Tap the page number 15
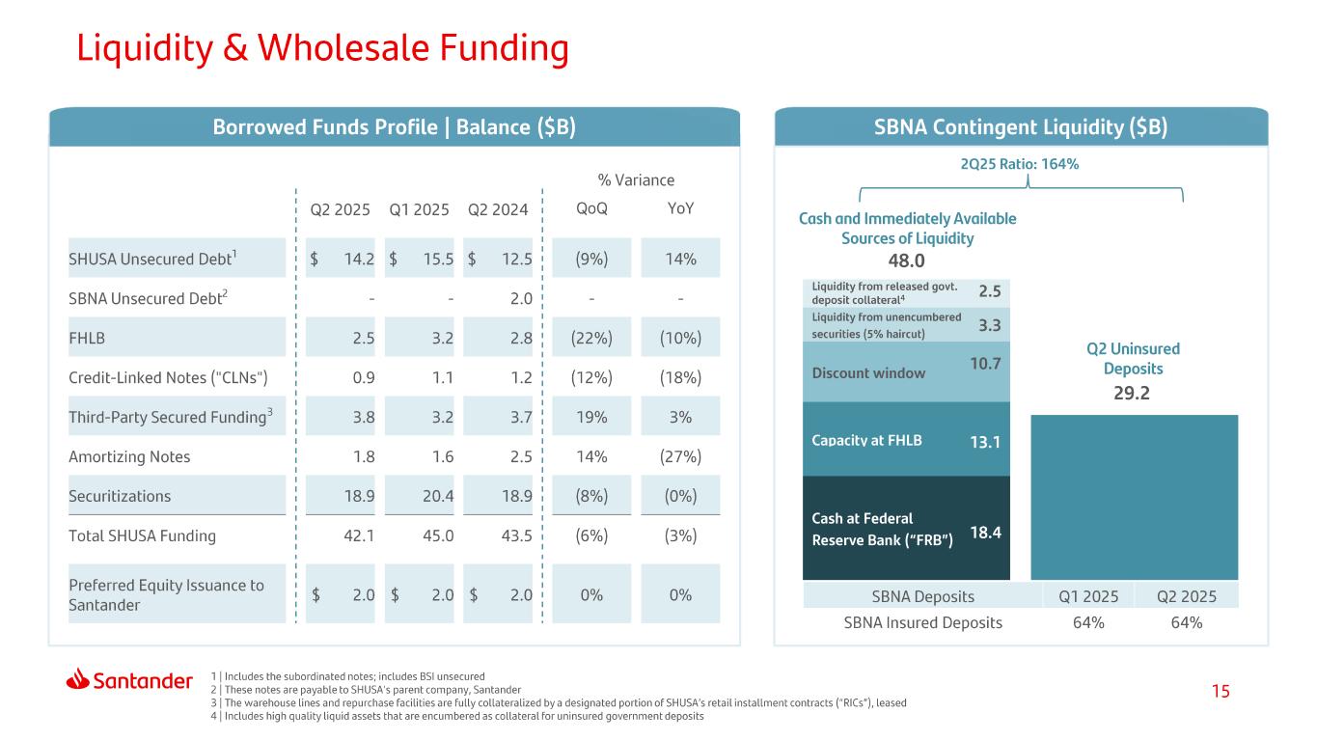click(x=1221, y=691)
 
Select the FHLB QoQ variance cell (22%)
click(x=591, y=338)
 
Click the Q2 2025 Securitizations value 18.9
click(x=359, y=496)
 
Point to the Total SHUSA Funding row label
click(x=142, y=535)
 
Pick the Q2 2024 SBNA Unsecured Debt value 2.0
click(x=521, y=299)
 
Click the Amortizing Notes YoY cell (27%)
click(x=680, y=456)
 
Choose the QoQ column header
click(x=591, y=208)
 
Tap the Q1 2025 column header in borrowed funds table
click(x=419, y=209)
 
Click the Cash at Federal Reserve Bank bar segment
click(x=906, y=528)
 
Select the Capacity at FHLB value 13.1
click(x=985, y=442)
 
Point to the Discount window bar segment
click(x=906, y=371)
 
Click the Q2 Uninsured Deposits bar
click(x=1134, y=497)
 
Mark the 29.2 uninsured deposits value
click(x=1131, y=393)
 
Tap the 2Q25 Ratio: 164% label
click(x=1020, y=164)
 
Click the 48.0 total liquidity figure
click(x=906, y=261)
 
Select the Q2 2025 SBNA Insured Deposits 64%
click(x=1186, y=622)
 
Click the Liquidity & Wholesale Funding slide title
click(x=323, y=48)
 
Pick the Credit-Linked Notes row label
click(x=168, y=377)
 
